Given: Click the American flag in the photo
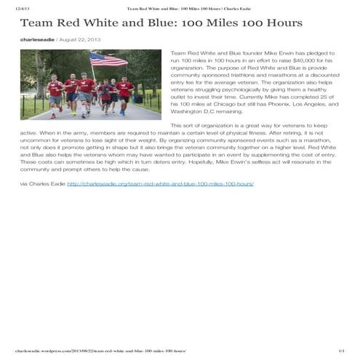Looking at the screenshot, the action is (109, 59).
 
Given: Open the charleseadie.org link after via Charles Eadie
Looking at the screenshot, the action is (160, 184).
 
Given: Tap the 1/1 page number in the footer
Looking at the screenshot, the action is (340, 351).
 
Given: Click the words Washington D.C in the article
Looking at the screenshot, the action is (193, 119).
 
